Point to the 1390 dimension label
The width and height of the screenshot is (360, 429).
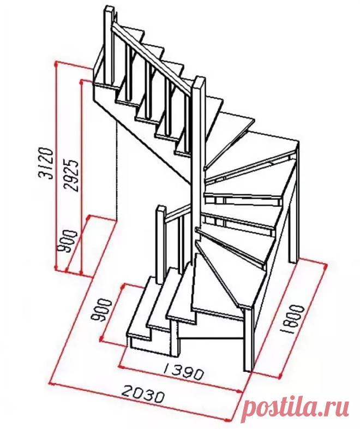pyautogui.click(x=183, y=372)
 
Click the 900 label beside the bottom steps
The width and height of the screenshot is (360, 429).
pyautogui.click(x=101, y=310)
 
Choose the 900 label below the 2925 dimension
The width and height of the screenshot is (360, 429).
pyautogui.click(x=67, y=241)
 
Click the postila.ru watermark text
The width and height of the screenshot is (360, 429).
pyautogui.click(x=296, y=408)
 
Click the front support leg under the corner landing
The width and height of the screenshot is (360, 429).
pyautogui.click(x=248, y=339)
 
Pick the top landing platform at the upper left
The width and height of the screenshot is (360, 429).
pyautogui.click(x=107, y=68)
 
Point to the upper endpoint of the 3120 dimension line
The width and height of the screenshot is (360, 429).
pyautogui.click(x=56, y=63)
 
